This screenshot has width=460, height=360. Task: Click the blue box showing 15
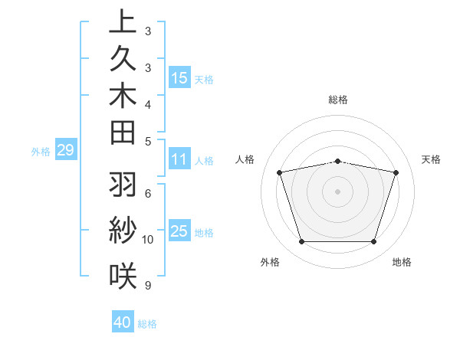pos(179,77)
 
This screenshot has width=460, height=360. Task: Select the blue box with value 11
pos(179,159)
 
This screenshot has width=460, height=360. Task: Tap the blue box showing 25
pos(179,231)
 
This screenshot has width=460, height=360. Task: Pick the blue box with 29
pos(65,150)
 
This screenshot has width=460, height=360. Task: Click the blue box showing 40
pos(123,322)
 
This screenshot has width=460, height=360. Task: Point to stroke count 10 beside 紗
pos(148,239)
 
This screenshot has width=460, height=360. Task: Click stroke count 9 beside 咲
pos(147,286)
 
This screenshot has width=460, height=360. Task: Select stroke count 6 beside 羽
pos(147,193)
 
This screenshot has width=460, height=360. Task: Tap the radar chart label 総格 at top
pos(338,100)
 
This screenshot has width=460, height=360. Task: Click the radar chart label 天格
pos(432,159)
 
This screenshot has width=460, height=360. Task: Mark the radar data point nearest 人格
pos(280,172)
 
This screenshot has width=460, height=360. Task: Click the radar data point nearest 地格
pos(373,242)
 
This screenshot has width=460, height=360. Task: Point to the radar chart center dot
pos(338,191)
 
